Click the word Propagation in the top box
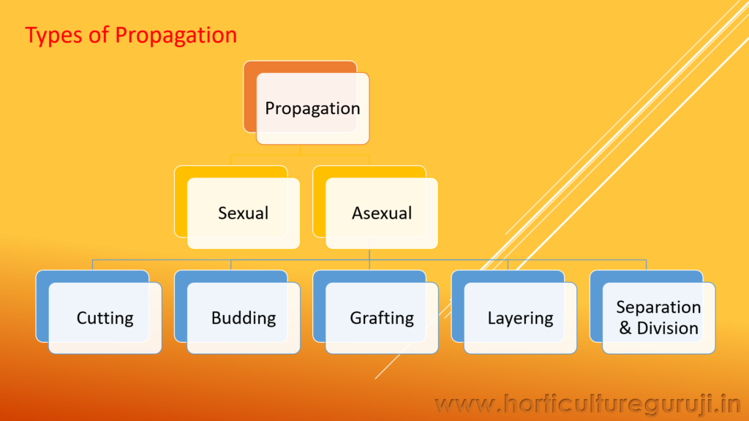(312, 108)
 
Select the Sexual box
(243, 213)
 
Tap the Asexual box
(381, 213)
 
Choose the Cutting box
(105, 318)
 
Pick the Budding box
(244, 318)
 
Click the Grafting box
(382, 318)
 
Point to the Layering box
(520, 318)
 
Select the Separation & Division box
(658, 318)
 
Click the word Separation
(658, 307)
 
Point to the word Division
(667, 328)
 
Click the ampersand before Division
(625, 328)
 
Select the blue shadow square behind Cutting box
(42, 307)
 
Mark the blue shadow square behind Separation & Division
(595, 307)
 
